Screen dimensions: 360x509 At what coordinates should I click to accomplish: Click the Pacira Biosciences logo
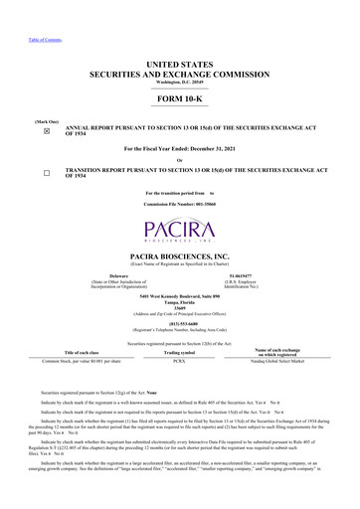tap(180, 213)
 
